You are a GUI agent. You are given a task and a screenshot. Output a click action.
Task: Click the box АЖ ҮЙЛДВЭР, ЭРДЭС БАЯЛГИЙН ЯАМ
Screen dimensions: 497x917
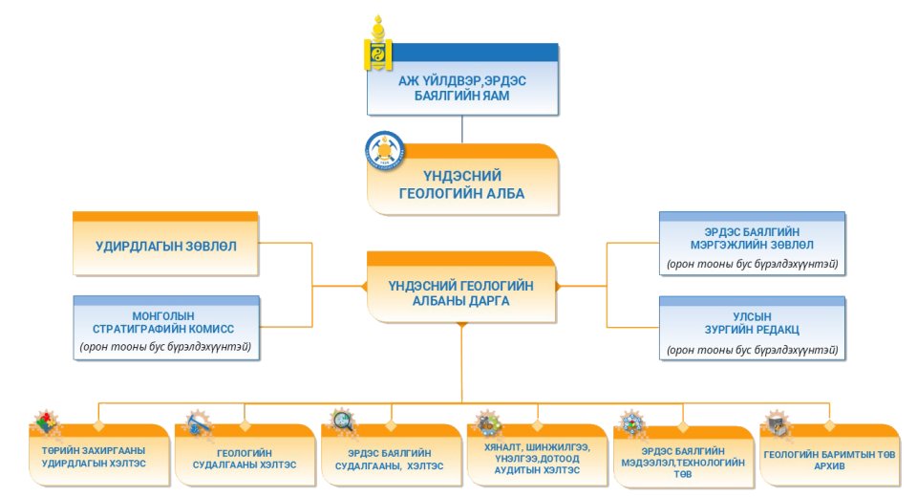(x=462, y=87)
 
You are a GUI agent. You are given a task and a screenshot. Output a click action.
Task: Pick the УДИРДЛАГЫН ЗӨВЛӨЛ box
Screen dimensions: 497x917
(x=165, y=246)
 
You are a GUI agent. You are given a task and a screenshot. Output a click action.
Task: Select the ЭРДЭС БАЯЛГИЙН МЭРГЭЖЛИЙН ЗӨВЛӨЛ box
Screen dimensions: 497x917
(x=752, y=245)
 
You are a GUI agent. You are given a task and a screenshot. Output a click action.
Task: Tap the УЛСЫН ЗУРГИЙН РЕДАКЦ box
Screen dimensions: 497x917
(x=752, y=328)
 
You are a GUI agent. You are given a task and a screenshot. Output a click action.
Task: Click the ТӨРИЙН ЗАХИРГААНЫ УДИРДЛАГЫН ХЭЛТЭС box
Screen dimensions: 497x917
(x=100, y=457)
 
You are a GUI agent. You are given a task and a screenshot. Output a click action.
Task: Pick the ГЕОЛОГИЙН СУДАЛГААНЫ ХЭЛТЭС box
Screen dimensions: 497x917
(x=250, y=457)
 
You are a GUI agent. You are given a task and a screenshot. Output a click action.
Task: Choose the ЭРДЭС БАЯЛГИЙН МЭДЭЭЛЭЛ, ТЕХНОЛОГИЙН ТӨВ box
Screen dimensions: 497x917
(x=682, y=459)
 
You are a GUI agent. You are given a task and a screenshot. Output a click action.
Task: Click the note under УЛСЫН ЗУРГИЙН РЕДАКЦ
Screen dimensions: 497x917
(x=752, y=350)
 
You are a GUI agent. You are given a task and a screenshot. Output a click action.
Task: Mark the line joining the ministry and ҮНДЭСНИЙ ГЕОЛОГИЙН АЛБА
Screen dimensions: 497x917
(x=462, y=130)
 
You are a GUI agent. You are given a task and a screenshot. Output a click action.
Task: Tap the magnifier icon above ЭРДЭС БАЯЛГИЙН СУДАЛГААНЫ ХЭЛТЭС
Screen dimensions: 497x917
(x=341, y=421)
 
